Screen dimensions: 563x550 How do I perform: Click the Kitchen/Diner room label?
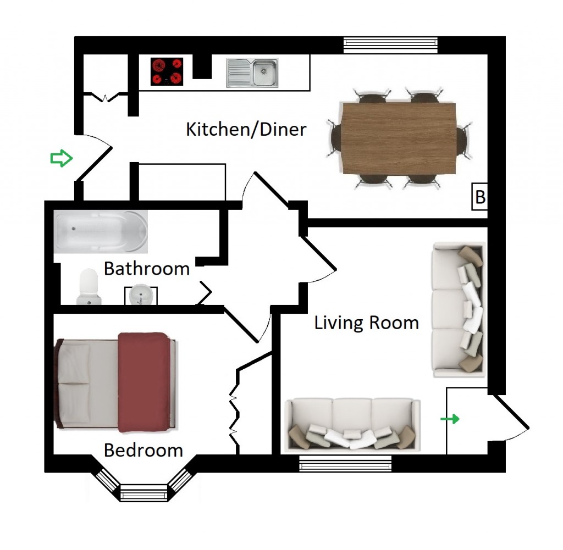pyautogui.click(x=246, y=130)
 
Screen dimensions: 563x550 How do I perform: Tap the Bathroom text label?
pyautogui.click(x=146, y=268)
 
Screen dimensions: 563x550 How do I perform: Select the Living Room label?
pyautogui.click(x=367, y=323)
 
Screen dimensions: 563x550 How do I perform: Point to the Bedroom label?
pyautogui.click(x=143, y=450)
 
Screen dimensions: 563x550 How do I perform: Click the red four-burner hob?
pyautogui.click(x=167, y=71)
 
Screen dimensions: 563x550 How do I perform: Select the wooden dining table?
pyautogui.click(x=399, y=138)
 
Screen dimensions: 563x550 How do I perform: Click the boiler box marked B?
pyautogui.click(x=479, y=197)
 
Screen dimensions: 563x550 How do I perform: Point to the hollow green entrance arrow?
pyautogui.click(x=62, y=158)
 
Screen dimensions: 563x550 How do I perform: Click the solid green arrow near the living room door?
pyautogui.click(x=450, y=419)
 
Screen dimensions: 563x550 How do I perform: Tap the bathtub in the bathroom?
pyautogui.click(x=101, y=231)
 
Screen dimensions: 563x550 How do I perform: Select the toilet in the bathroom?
pyautogui.click(x=89, y=287)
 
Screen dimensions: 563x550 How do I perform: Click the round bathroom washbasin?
pyautogui.click(x=141, y=295)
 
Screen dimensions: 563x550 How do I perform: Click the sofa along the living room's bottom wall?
pyautogui.click(x=352, y=424)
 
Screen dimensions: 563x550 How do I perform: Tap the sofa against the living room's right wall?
pyautogui.click(x=458, y=309)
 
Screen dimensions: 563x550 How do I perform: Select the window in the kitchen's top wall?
pyautogui.click(x=390, y=45)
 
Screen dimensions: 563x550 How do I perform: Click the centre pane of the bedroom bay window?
pyautogui.click(x=143, y=492)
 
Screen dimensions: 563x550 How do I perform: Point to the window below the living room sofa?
pyautogui.click(x=345, y=463)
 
